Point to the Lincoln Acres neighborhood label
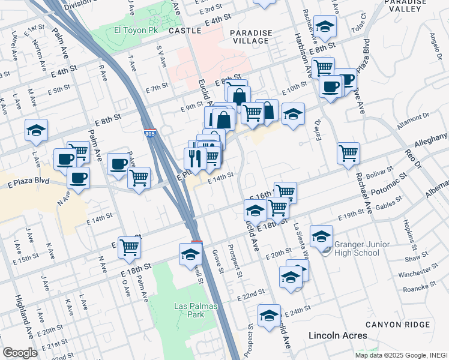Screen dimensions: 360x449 [337, 335]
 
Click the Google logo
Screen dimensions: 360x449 [20, 353]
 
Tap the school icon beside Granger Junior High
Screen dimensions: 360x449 [321, 235]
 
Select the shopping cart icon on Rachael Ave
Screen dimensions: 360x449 [348, 153]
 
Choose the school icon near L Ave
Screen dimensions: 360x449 [36, 130]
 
